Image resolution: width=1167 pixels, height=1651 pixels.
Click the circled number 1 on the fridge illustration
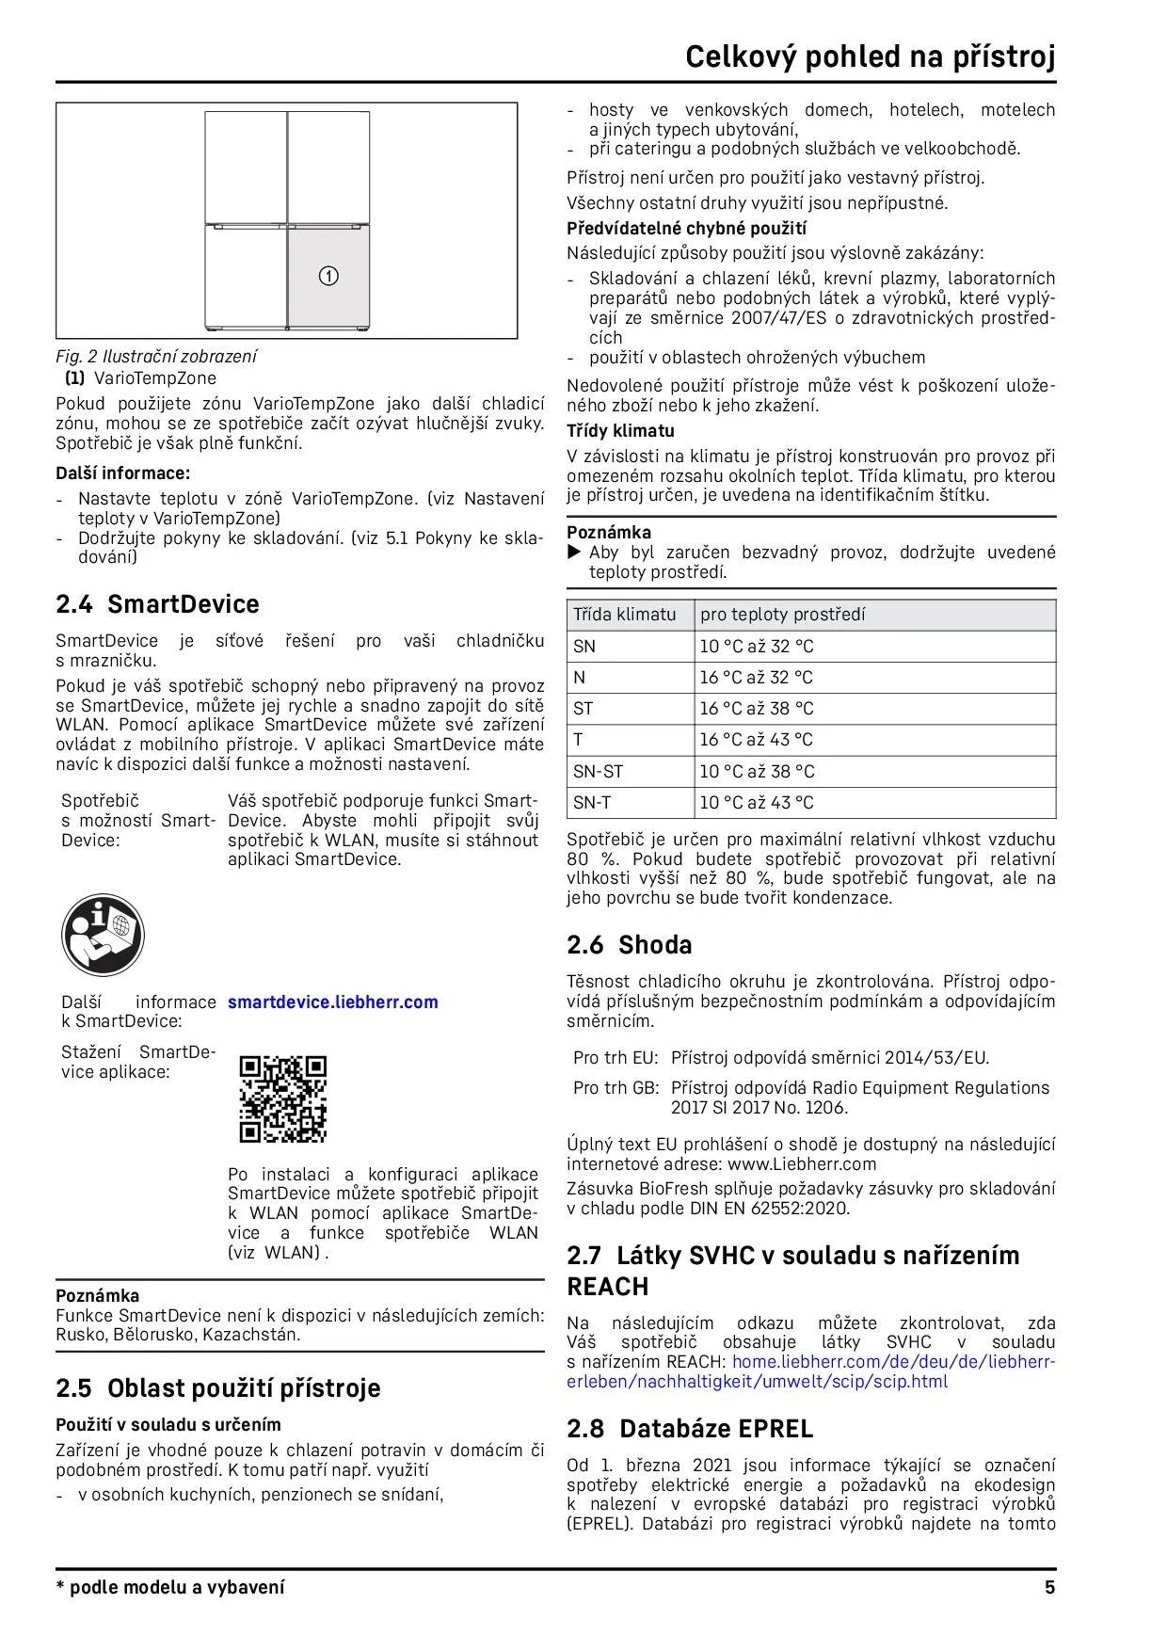[x=328, y=277]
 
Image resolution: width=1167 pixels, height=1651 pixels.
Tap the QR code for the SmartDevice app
[x=283, y=1099]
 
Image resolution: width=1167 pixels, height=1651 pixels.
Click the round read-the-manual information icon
[x=103, y=936]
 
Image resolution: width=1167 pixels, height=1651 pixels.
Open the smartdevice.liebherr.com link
[x=333, y=1002]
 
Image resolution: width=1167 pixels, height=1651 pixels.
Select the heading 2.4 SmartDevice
[x=157, y=604]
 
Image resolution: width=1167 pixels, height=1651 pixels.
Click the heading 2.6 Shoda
[x=629, y=945]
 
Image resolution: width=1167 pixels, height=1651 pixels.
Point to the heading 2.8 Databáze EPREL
[x=690, y=1429]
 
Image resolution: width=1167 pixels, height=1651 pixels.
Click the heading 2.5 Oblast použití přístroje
[x=217, y=1388]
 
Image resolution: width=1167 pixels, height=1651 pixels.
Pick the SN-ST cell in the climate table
[x=599, y=772]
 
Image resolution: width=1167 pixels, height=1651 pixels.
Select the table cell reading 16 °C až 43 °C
[x=756, y=740]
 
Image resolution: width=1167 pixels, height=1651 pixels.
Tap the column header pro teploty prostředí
[x=783, y=615]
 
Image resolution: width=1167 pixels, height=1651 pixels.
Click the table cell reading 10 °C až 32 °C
[x=756, y=647]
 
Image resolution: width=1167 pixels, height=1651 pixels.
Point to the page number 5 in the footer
[x=1049, y=1588]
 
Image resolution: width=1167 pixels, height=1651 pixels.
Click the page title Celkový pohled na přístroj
[x=870, y=57]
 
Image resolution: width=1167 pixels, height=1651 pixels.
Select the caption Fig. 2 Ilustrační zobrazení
[x=156, y=357]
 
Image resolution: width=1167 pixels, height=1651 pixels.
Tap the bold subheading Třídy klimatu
[x=620, y=431]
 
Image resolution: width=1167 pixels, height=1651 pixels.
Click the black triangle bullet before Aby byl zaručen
[x=575, y=553]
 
